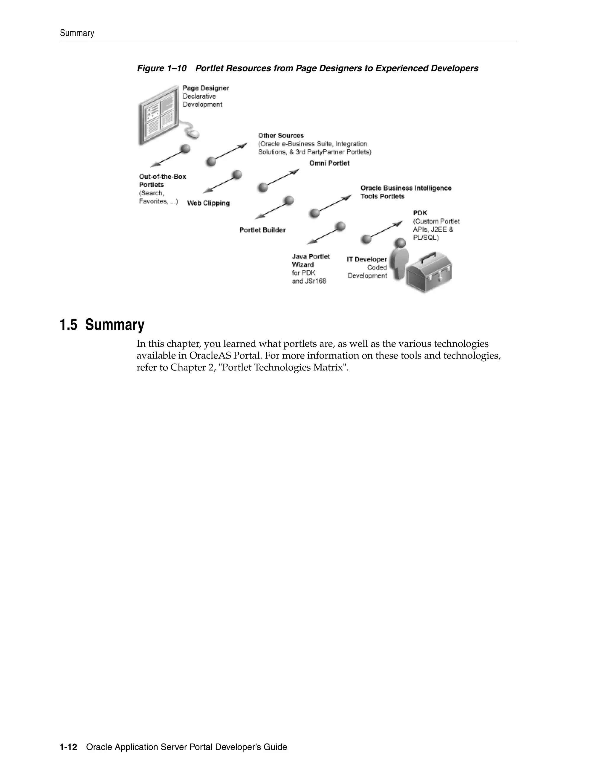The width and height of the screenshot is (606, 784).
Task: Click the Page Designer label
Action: click(x=205, y=88)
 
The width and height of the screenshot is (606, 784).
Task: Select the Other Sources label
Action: click(x=281, y=136)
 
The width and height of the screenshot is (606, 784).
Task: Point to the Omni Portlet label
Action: click(x=329, y=163)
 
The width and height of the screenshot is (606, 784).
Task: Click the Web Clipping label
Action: click(x=208, y=203)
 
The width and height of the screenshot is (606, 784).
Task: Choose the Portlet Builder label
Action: click(x=262, y=230)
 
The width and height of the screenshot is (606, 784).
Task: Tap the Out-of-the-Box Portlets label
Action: click(x=162, y=180)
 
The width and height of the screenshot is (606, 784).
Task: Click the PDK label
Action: click(x=420, y=213)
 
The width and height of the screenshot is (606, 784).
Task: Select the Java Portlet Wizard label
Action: click(x=310, y=260)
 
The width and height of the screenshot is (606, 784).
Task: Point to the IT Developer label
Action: click(x=367, y=259)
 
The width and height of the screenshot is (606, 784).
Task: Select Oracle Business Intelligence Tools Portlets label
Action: click(x=406, y=192)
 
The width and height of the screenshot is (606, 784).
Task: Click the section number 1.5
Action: click(x=68, y=325)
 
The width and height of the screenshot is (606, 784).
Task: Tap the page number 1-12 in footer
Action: click(x=68, y=747)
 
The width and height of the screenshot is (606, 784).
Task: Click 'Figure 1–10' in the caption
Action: click(x=162, y=68)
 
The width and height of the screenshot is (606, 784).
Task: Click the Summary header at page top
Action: click(x=77, y=33)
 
